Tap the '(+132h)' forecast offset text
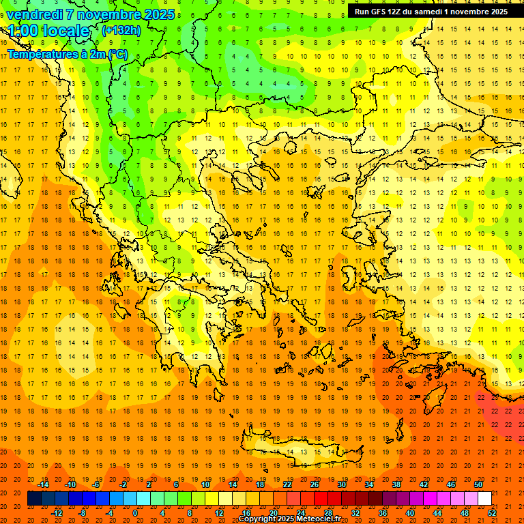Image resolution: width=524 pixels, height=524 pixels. pyautogui.click(x=121, y=30)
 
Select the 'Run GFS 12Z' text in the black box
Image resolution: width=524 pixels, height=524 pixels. pyautogui.click(x=379, y=12)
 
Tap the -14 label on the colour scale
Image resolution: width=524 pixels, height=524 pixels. pyautogui.click(x=44, y=484)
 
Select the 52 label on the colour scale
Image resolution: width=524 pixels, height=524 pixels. pyautogui.click(x=492, y=513)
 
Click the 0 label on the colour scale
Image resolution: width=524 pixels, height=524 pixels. pyautogui.click(x=134, y=513)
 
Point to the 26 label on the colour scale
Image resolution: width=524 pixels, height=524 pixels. pyautogui.click(x=315, y=484)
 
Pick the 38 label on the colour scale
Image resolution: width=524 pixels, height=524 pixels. pyautogui.click(x=396, y=484)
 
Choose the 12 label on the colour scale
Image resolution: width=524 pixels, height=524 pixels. pyautogui.click(x=220, y=513)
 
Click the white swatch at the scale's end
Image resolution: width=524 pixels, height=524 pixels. pyautogui.click(x=484, y=499)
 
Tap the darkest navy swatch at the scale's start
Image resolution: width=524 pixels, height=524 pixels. pyautogui.click(x=34, y=499)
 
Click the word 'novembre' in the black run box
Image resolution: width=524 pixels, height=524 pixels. pyautogui.click(x=468, y=12)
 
